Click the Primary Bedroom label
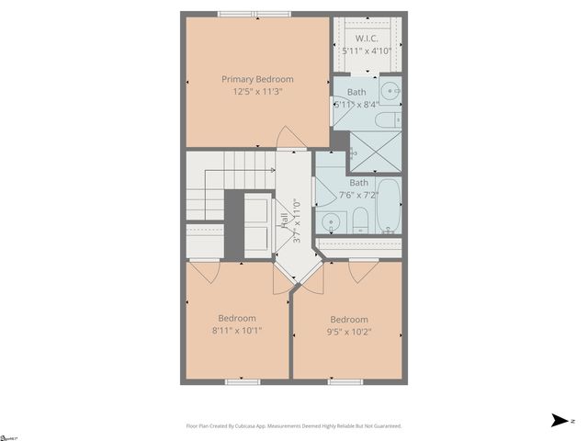(257, 78)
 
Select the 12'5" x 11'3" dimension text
(257, 91)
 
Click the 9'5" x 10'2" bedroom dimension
(350, 332)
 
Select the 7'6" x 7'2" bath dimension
(358, 195)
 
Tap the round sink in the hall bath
(332, 220)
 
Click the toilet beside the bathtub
(361, 219)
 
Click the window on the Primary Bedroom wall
(254, 14)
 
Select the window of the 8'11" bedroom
(240, 380)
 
